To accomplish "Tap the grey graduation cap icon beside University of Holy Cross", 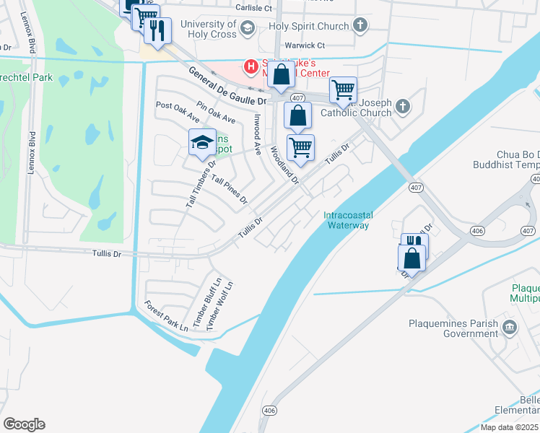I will click(x=248, y=29).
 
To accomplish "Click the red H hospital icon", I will click(x=251, y=67).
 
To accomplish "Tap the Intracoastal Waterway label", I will click(x=347, y=220).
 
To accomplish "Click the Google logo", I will click(x=24, y=424).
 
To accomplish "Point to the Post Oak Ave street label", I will click(x=178, y=111).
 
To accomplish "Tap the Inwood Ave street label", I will click(x=256, y=134).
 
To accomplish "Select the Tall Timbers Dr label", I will click(x=201, y=185).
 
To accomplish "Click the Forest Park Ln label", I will click(x=165, y=315).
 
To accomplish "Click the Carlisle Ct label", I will click(x=253, y=9).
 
